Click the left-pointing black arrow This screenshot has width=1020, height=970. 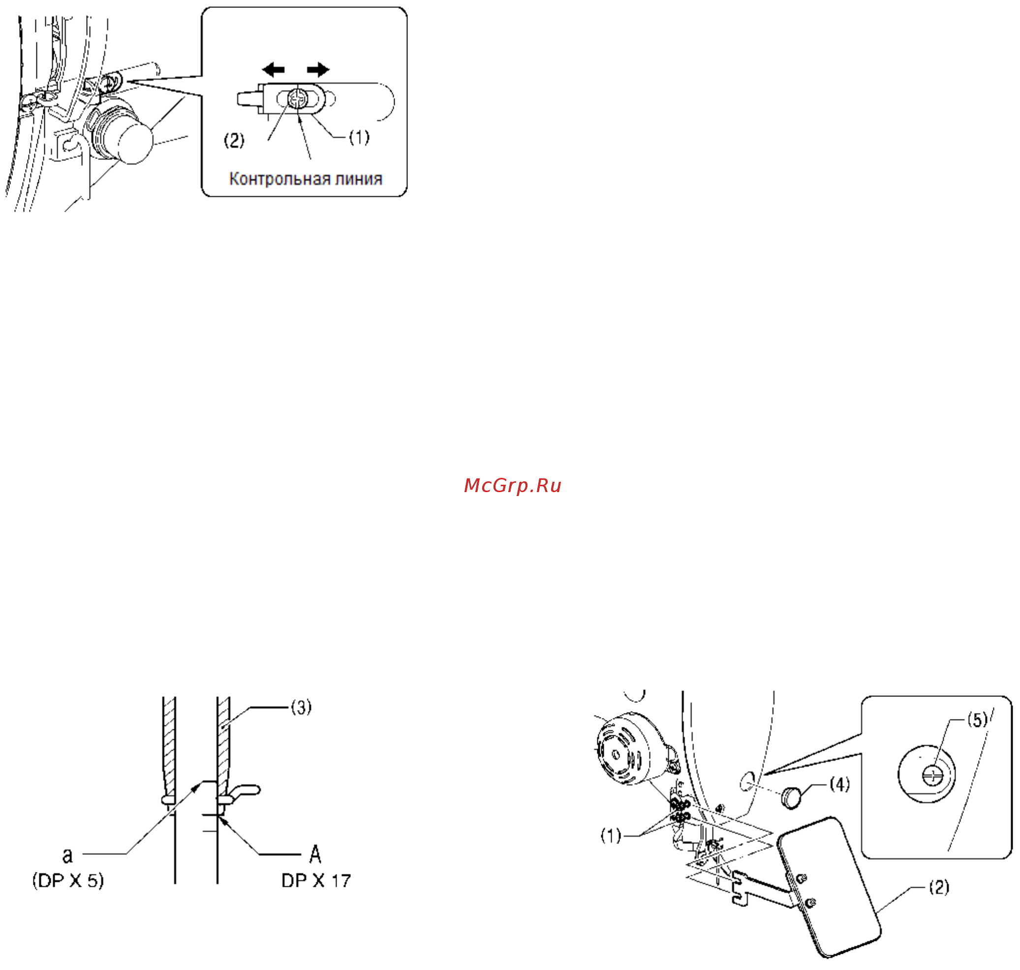tap(273, 69)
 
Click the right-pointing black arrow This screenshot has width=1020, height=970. tap(318, 69)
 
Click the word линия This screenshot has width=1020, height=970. tap(359, 179)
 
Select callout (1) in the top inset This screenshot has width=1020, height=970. tap(359, 137)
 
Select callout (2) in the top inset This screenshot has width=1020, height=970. tap(234, 140)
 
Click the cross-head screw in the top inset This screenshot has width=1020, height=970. tap(297, 98)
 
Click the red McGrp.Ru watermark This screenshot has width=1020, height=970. tap(512, 486)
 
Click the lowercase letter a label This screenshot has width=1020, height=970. tap(68, 856)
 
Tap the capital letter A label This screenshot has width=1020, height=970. tap(315, 854)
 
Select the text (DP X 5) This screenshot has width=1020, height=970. tap(68, 881)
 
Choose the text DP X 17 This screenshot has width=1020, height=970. tap(316, 880)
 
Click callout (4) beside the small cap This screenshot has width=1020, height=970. tap(839, 784)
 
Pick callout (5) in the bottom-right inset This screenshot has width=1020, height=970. tap(978, 719)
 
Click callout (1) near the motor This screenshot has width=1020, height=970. tap(611, 836)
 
